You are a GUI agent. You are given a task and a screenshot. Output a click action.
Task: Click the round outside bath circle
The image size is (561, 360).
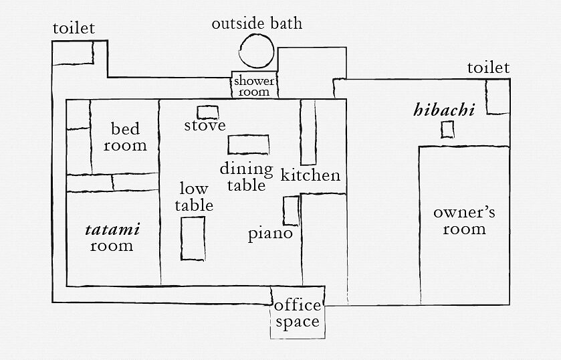click(x=239, y=52)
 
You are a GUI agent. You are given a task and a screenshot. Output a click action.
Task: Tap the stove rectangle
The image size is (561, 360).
click(x=208, y=106)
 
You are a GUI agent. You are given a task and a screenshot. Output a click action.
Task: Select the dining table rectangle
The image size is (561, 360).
click(x=248, y=135)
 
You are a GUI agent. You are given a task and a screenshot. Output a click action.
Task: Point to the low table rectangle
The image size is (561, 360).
click(x=182, y=238)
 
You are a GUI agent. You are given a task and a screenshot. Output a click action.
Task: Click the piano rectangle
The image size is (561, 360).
click(x=284, y=211)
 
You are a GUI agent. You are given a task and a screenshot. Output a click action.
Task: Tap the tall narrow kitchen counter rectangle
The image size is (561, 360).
click(x=301, y=132)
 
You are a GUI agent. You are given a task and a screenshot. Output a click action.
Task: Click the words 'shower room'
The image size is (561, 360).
click(x=254, y=86)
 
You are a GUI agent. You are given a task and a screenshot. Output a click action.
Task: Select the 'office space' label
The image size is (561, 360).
click(x=298, y=314)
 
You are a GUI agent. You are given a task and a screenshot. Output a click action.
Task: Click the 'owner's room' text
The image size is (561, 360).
click(x=465, y=221)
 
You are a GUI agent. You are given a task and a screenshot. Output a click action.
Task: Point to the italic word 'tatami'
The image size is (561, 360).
click(x=112, y=230)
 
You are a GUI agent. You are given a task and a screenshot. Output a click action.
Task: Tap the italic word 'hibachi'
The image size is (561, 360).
click(x=444, y=110)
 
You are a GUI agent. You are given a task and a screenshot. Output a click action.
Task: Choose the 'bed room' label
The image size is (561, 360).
click(x=125, y=137)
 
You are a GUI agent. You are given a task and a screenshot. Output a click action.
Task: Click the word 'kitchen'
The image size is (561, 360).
click(x=310, y=175)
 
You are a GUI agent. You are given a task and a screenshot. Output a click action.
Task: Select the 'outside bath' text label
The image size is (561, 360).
click(x=257, y=23)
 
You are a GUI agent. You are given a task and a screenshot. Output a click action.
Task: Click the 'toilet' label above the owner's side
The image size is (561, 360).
click(x=488, y=68)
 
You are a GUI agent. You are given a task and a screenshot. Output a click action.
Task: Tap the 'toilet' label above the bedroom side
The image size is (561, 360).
click(x=74, y=28)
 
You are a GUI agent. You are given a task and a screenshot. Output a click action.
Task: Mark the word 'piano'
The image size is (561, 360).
click(x=271, y=234)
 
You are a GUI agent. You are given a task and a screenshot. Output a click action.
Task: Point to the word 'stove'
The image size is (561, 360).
click(x=205, y=125)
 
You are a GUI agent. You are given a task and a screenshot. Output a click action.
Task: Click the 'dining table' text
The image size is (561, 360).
click(x=247, y=177)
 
